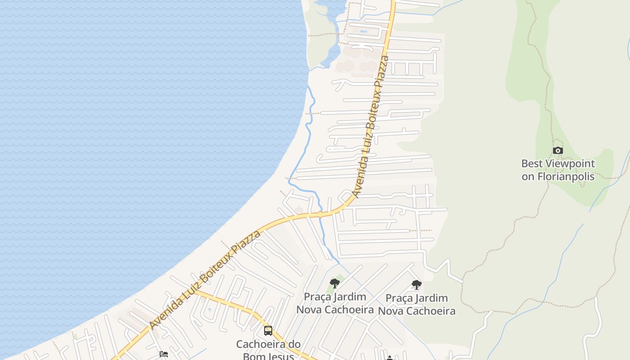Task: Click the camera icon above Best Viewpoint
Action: (x=558, y=150)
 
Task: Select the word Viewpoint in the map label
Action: (x=570, y=163)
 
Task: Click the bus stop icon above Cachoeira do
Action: (x=268, y=331)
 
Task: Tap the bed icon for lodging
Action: (x=164, y=354)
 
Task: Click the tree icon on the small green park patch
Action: (x=334, y=283)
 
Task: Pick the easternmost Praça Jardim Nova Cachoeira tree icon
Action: (x=417, y=284)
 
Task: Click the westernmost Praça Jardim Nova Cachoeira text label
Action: (x=335, y=303)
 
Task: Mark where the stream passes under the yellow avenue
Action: (x=320, y=214)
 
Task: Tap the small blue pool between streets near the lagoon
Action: (x=363, y=31)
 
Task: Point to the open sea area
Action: (x=135, y=135)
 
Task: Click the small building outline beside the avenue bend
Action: (x=299, y=210)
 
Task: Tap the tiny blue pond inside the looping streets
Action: (x=209, y=310)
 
